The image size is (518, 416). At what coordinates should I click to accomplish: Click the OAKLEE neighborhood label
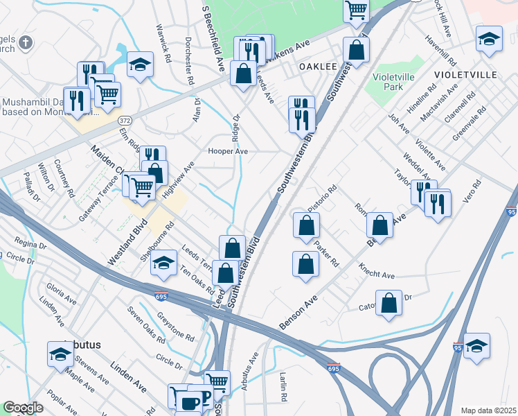tap(318, 67)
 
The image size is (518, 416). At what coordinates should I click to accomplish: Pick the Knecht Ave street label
tap(377, 271)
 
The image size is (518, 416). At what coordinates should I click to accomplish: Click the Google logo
tap(23, 408)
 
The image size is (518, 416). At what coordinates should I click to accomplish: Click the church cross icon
tap(26, 44)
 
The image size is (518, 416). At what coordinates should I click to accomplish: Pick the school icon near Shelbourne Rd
tap(163, 263)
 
